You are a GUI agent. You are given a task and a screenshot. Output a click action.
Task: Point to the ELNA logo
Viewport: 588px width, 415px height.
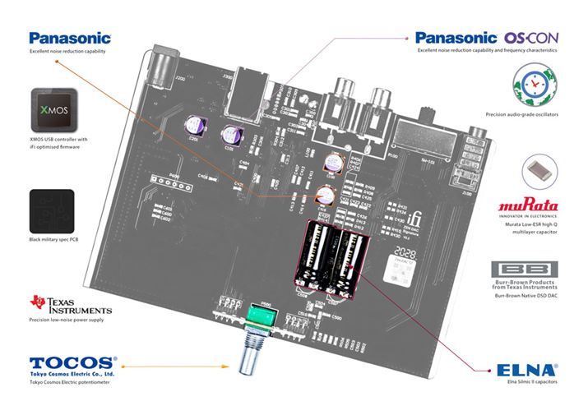point(527,370)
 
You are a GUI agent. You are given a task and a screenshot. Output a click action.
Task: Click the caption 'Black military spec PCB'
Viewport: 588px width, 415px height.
point(54,240)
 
